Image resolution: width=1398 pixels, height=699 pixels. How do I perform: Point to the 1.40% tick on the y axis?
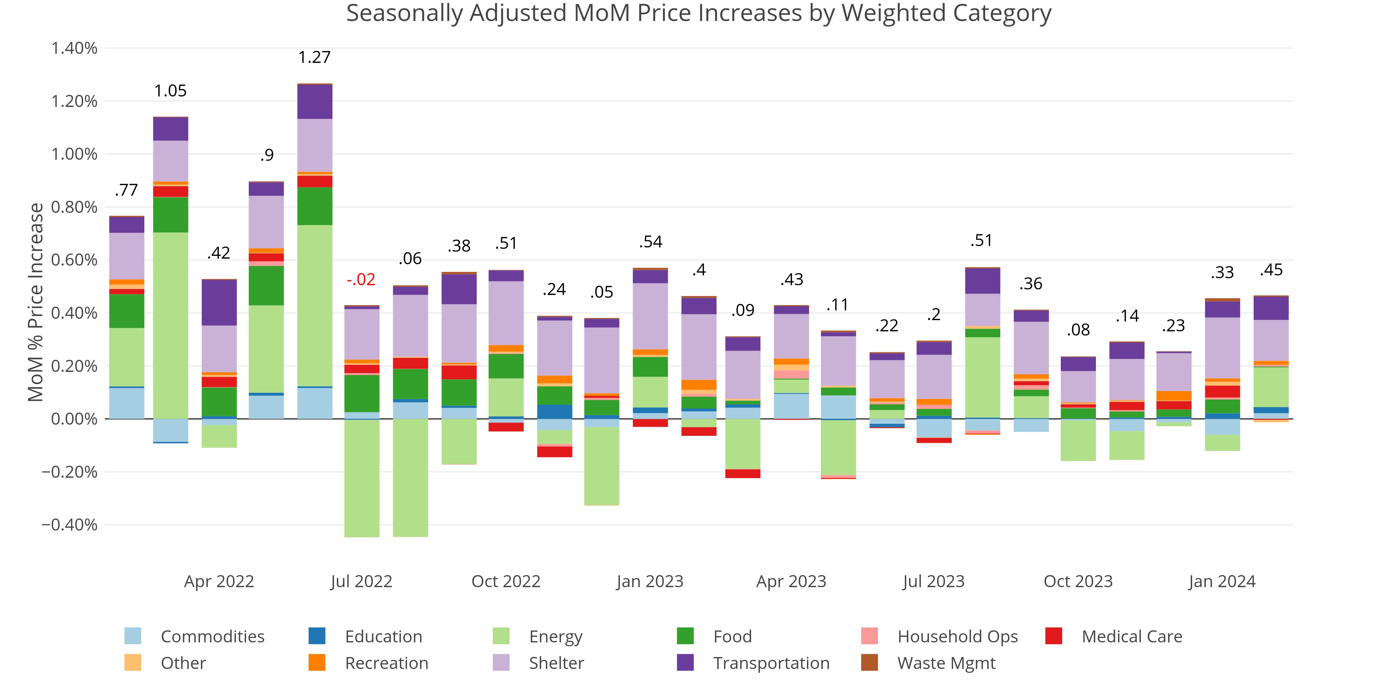pos(74,48)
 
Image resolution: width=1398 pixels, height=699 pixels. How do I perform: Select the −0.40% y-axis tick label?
pos(70,525)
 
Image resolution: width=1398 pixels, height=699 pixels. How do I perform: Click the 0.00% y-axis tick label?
pos(74,419)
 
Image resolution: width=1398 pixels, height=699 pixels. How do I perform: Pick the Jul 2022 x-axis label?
pos(361,581)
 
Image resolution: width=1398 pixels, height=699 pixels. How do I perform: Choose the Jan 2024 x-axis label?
pos(1222,581)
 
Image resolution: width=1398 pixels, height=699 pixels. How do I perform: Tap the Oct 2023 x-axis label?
pos(1078,581)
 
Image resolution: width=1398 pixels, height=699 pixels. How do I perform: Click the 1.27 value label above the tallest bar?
pos(314,57)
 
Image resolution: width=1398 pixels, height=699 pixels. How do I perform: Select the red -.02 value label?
pos(361,280)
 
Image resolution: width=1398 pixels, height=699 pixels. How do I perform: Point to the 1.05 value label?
pos(171,91)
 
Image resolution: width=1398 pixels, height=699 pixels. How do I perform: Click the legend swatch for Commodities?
pos(133,636)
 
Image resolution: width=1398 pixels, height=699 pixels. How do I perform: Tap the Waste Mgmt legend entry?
pos(946,663)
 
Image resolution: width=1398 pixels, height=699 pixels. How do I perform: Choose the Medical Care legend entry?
pos(1132,636)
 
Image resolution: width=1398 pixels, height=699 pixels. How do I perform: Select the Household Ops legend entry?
pos(957,636)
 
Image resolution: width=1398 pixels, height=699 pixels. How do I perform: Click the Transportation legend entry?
pos(771,663)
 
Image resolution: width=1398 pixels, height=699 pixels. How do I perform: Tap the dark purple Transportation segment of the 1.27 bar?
pos(315,101)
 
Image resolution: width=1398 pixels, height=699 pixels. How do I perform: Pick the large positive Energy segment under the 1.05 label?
pos(171,326)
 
